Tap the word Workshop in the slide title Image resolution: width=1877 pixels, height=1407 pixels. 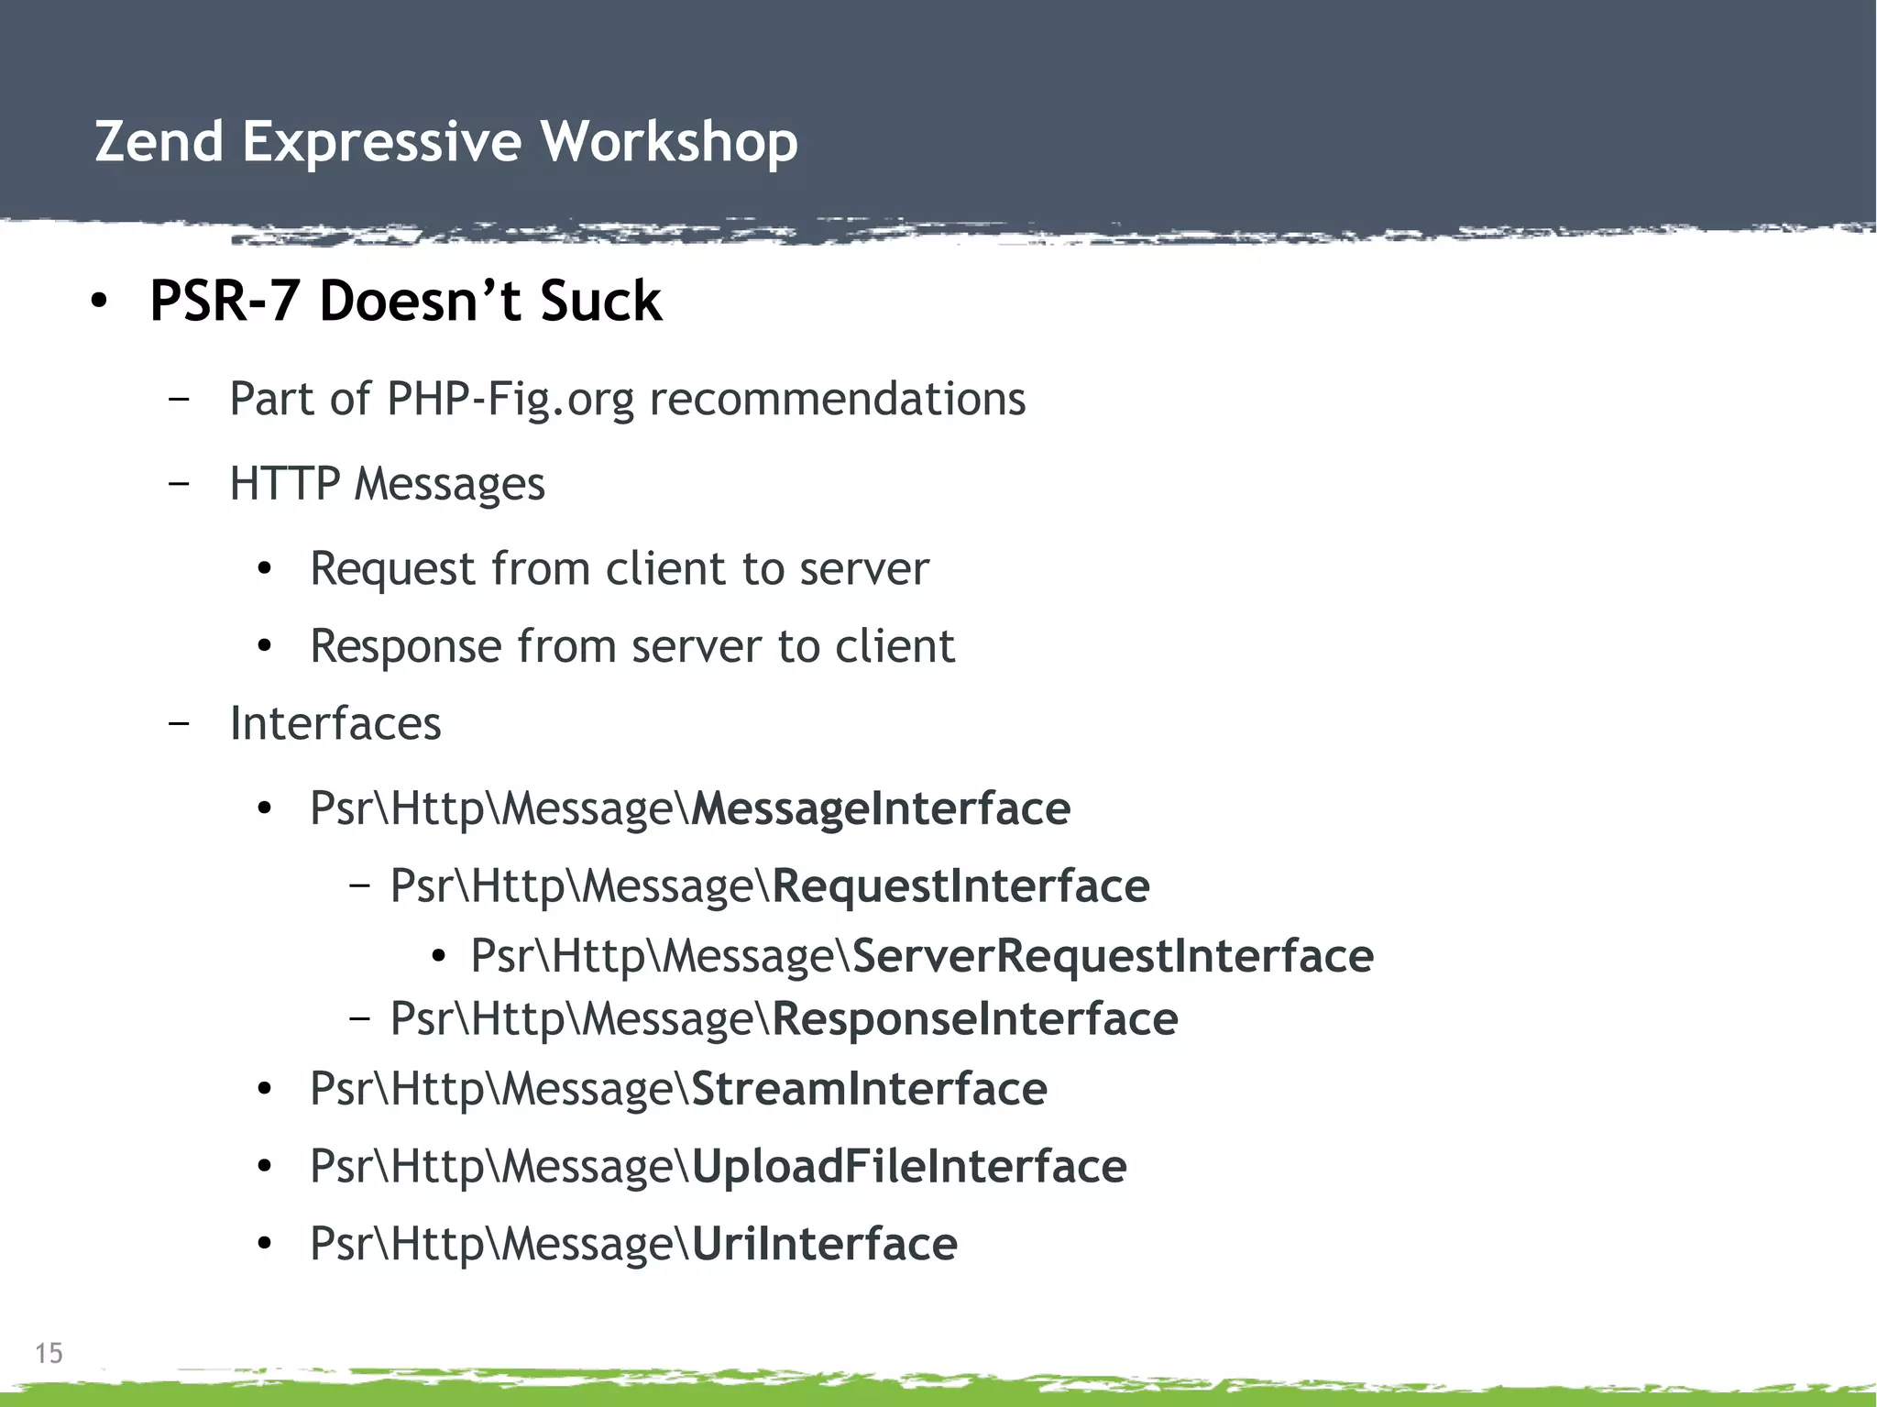tap(668, 142)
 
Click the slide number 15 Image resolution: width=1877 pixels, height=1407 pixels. tap(49, 1353)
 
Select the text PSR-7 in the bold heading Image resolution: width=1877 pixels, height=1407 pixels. tap(225, 301)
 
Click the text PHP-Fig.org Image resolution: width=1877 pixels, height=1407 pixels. tap(510, 399)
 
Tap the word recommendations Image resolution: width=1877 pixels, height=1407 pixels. tap(837, 399)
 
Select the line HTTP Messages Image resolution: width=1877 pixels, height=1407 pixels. tap(387, 483)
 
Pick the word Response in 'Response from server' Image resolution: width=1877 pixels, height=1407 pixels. tap(405, 646)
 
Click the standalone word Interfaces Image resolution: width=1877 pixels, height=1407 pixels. tap(335, 723)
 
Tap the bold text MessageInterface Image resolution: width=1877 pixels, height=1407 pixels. tap(881, 808)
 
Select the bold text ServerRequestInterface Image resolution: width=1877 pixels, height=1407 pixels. tap(1113, 956)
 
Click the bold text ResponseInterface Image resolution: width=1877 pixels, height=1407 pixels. tap(974, 1019)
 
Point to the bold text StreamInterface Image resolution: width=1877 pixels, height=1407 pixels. tap(869, 1089)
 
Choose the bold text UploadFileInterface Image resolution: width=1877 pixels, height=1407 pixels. tap(908, 1167)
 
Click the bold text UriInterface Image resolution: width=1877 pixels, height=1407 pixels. tap(824, 1244)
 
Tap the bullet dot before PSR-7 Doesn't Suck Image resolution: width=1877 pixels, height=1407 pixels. tap(100, 301)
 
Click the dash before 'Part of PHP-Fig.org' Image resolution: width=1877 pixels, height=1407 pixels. tap(180, 399)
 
